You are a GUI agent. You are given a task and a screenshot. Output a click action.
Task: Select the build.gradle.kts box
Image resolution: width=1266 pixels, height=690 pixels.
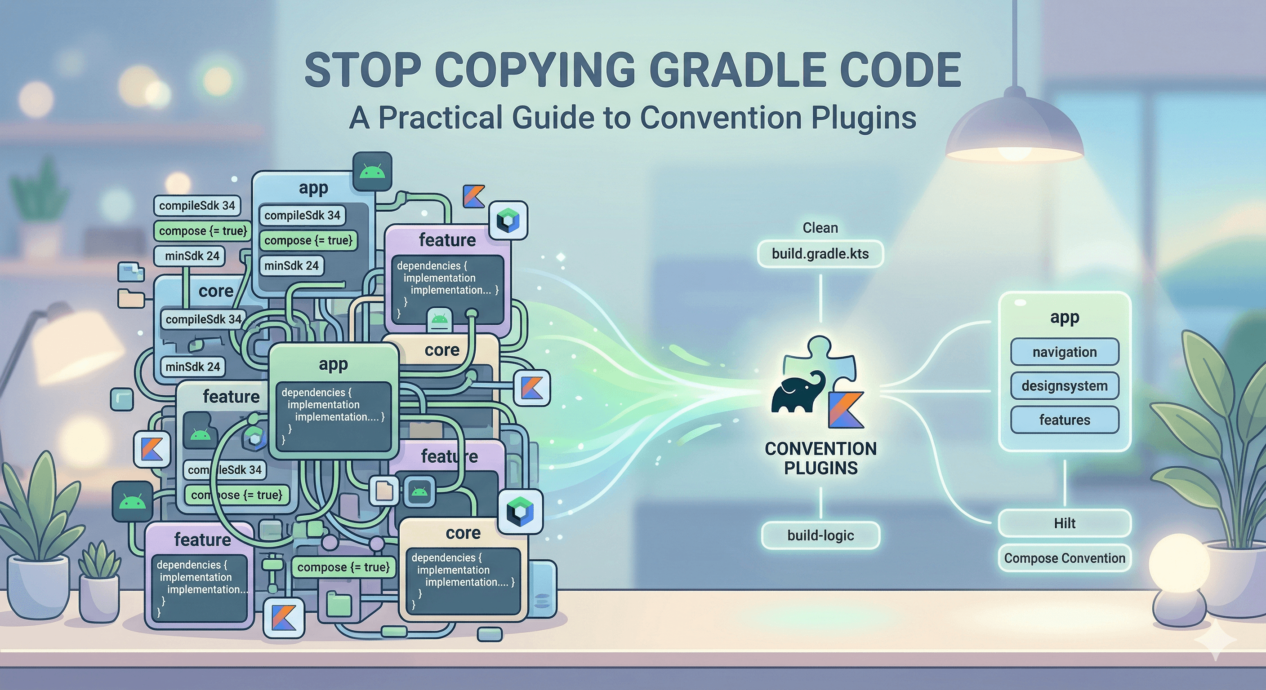[820, 254]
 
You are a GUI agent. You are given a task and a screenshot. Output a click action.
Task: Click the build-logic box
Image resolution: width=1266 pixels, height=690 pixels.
[820, 535]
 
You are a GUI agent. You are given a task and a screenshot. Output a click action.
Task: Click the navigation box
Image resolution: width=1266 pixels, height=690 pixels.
[1065, 352]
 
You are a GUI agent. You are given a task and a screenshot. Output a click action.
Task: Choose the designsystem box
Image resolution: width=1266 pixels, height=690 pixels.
[1065, 386]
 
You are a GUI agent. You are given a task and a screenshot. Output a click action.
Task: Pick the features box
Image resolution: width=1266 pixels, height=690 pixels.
[1065, 420]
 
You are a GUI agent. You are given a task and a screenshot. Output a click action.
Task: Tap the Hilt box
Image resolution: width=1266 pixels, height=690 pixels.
[1065, 523]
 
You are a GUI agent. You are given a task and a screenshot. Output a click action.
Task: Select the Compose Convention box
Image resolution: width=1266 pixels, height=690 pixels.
[1065, 558]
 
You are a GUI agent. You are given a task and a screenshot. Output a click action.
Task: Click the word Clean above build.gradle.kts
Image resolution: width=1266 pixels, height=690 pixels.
[820, 228]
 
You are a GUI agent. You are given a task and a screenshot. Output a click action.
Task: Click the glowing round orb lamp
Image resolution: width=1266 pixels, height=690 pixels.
[1180, 565]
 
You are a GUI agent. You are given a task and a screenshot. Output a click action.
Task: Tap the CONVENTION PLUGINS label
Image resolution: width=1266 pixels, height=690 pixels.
[820, 458]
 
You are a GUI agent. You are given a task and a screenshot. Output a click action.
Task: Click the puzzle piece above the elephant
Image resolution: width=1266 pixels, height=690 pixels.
[820, 358]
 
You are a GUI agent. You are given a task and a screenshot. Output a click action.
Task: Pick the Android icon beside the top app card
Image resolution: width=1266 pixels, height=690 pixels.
[373, 172]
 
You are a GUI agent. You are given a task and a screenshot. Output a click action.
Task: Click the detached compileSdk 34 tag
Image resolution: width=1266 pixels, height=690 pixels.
[197, 206]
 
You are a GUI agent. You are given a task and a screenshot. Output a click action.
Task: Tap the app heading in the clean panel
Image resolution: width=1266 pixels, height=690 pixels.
[1065, 318]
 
